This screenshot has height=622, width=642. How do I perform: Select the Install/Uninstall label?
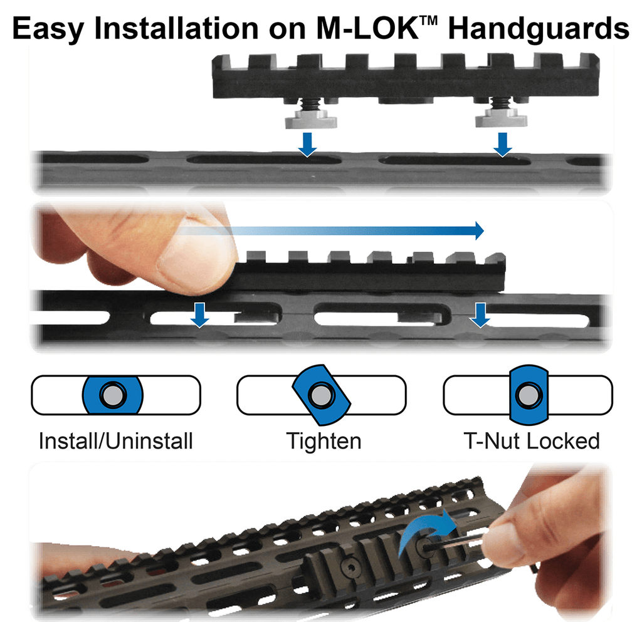click(x=115, y=441)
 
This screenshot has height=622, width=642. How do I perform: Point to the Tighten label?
click(x=324, y=441)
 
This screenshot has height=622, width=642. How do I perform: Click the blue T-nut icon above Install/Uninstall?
click(x=113, y=396)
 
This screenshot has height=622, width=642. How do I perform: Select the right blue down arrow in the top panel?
click(x=502, y=143)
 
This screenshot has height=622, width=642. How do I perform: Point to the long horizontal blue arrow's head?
click(x=478, y=231)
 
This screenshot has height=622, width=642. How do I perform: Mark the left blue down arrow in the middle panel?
click(x=200, y=314)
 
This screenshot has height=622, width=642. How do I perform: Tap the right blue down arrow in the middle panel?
click(x=480, y=314)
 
